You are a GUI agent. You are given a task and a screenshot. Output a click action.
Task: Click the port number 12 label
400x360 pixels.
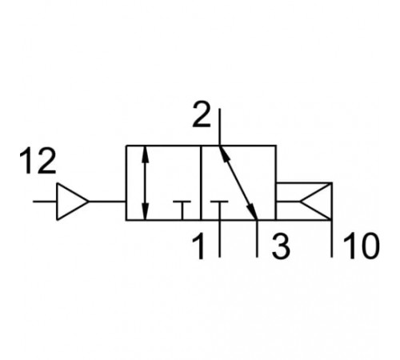click(x=38, y=161)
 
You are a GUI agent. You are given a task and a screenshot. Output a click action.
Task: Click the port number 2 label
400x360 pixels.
click(x=202, y=114)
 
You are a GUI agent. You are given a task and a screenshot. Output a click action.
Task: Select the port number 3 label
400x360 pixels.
click(x=281, y=247)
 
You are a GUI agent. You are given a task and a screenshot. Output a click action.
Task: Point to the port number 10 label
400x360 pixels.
click(x=362, y=247)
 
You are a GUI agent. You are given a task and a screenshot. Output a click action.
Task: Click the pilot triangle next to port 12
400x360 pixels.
click(x=72, y=202)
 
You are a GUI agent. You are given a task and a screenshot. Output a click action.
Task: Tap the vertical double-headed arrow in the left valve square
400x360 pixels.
click(x=145, y=183)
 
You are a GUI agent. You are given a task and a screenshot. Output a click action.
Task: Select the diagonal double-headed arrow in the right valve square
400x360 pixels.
click(x=238, y=183)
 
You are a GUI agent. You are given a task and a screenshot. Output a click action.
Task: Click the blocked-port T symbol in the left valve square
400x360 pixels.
click(x=182, y=210)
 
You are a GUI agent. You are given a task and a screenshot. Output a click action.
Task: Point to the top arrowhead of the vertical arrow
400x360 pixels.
click(x=145, y=154)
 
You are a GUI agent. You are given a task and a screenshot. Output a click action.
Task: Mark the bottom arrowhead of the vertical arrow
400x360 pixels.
click(x=145, y=212)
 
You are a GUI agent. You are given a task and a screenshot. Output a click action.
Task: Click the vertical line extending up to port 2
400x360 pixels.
click(x=219, y=127)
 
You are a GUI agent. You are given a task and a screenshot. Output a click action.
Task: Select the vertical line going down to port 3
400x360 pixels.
click(x=257, y=238)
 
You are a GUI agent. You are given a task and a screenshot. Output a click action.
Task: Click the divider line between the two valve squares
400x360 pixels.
click(x=201, y=183)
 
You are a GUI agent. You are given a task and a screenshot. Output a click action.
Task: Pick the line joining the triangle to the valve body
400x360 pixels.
click(x=107, y=202)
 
